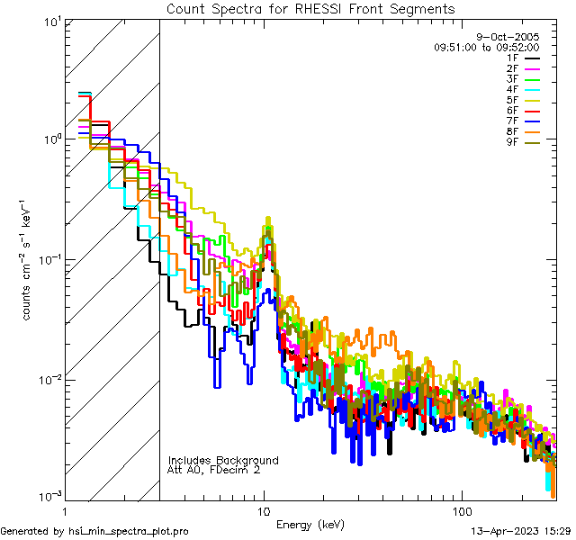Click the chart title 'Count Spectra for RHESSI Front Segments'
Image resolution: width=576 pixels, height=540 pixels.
coord(310,9)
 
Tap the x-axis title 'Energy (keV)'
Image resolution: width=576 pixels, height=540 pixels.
coord(310,524)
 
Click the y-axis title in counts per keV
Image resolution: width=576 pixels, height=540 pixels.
coord(30,258)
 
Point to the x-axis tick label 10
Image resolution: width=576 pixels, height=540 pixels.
coord(263,510)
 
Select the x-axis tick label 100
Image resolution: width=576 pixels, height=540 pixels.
coord(460,510)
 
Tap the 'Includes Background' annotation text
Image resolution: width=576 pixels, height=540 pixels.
coord(223,460)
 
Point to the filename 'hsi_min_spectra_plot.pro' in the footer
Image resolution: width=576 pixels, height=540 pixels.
coord(129,531)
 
